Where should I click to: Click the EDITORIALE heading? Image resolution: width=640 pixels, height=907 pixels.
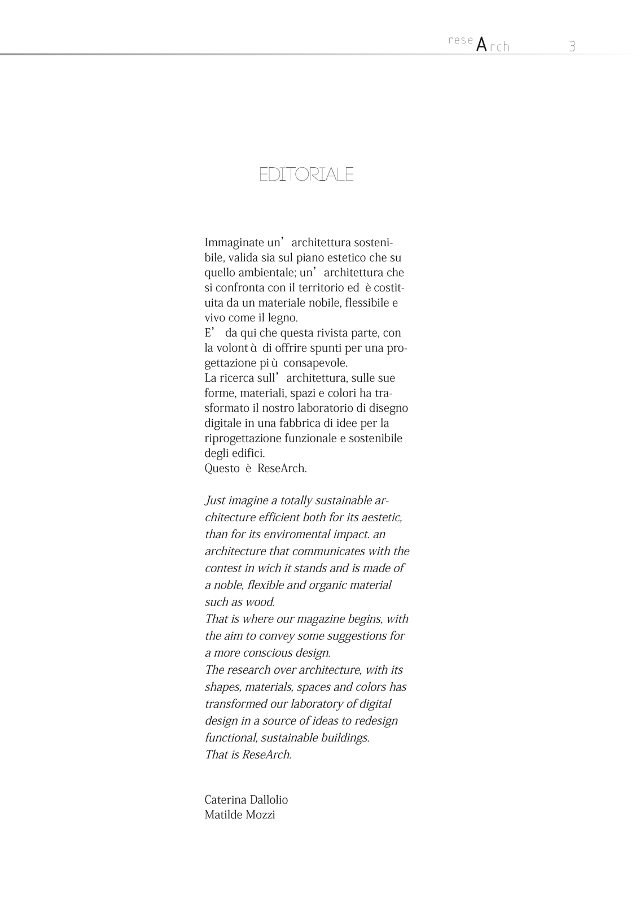(306, 175)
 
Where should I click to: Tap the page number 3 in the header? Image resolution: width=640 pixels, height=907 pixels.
(572, 46)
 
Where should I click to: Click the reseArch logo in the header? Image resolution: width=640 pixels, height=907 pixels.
(479, 44)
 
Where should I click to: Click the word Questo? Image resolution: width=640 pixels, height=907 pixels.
(222, 469)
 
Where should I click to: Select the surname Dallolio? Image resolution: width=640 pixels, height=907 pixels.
(270, 800)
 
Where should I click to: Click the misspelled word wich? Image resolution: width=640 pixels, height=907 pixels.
(269, 568)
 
